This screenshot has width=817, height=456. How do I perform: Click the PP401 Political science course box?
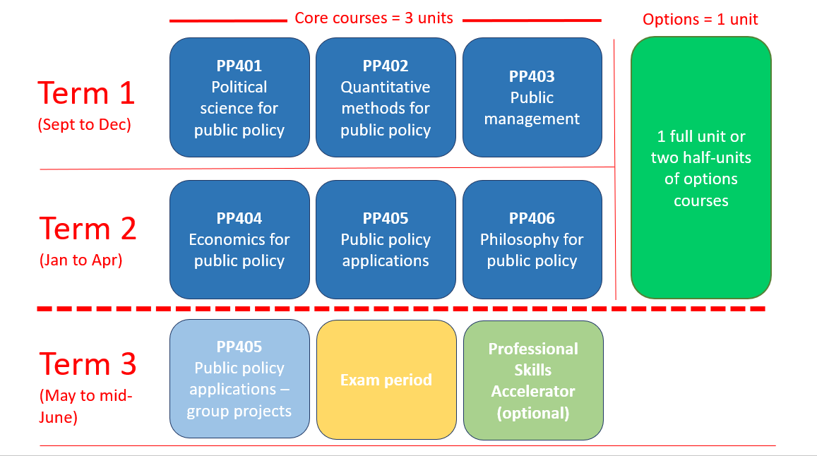[239, 97]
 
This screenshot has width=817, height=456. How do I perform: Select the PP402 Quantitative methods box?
[386, 97]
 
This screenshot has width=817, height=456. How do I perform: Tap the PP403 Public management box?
[532, 97]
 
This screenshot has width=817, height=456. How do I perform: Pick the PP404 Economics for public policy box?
[239, 240]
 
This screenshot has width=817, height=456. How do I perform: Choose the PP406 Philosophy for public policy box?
[532, 240]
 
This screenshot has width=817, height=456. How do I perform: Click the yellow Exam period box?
[387, 380]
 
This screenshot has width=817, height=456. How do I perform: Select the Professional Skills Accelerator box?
[534, 380]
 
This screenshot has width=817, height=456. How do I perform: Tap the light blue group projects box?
[239, 379]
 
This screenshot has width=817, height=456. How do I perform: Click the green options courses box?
[701, 168]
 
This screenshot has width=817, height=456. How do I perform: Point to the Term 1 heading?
[86, 93]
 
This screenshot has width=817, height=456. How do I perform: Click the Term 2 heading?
[88, 229]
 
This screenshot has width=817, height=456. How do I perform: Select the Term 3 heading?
[88, 364]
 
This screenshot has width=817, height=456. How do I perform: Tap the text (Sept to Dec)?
[85, 124]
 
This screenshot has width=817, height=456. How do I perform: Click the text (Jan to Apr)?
[80, 260]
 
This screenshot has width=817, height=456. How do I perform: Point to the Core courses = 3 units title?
[374, 18]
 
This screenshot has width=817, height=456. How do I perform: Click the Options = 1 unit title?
[700, 19]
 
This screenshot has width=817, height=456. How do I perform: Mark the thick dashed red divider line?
[401, 309]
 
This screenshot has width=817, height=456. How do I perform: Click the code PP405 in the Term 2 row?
[386, 218]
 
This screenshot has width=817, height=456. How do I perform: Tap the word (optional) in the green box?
[533, 413]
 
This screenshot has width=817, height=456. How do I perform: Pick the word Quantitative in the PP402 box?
[386, 87]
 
